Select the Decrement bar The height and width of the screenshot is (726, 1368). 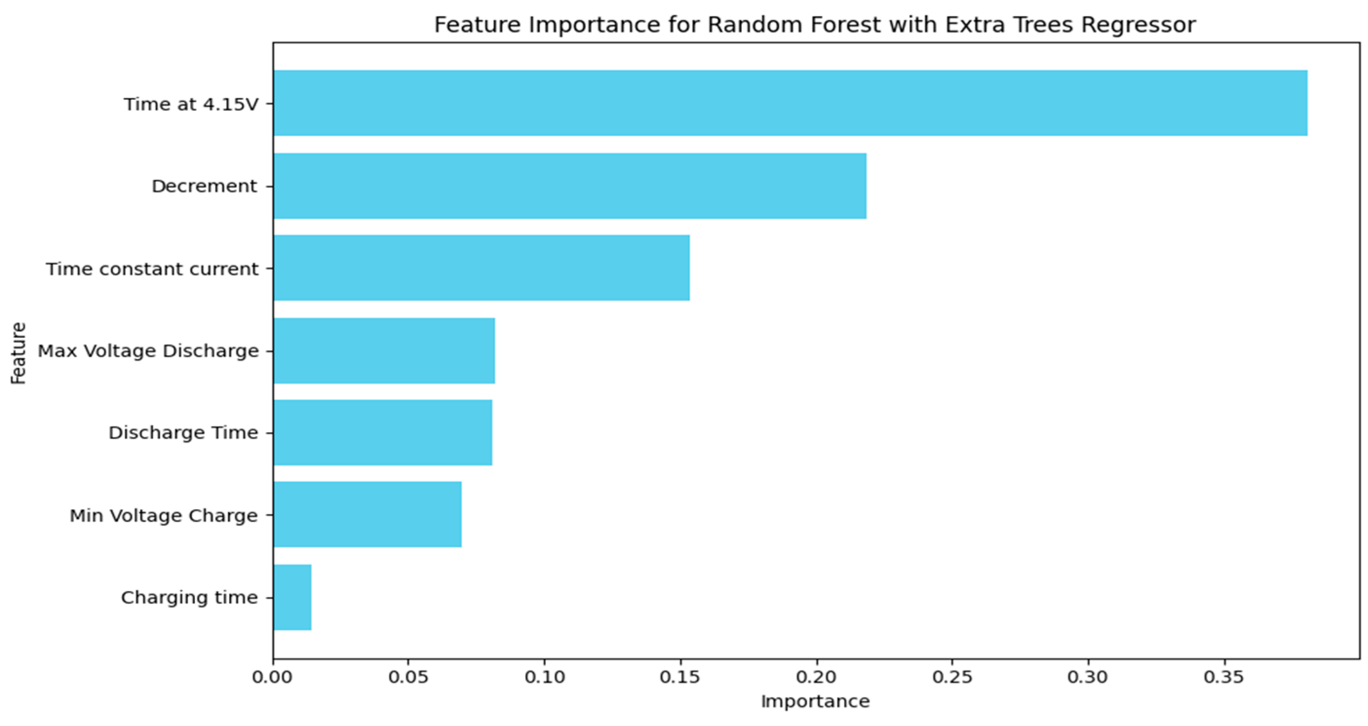click(x=570, y=186)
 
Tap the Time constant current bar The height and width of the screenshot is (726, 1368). click(x=482, y=267)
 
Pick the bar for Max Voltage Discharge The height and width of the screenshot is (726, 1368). click(x=385, y=350)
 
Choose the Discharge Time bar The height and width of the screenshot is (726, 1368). click(x=383, y=432)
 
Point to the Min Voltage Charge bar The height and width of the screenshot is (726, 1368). click(x=367, y=514)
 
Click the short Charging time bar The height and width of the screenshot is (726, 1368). click(x=292, y=597)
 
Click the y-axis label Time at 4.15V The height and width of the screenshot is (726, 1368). click(x=191, y=104)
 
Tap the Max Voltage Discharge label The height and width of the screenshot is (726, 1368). click(x=148, y=351)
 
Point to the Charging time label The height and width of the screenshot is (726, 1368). click(x=190, y=598)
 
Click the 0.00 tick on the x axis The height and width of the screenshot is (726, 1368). click(x=273, y=677)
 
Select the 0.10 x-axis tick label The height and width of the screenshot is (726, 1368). click(x=544, y=677)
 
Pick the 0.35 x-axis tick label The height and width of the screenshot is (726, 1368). click(x=1224, y=677)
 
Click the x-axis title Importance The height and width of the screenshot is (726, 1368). click(x=815, y=702)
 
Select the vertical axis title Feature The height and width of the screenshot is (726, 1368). click(x=18, y=353)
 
